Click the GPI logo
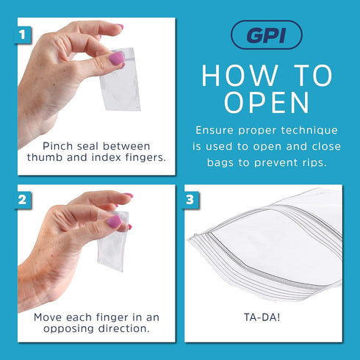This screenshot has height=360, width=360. (266, 35)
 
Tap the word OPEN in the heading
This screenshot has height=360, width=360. (266, 103)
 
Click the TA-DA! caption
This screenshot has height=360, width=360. (262, 317)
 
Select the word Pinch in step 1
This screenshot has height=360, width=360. (58, 145)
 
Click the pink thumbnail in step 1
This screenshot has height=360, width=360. (115, 57)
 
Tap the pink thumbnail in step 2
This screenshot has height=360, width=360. (114, 221)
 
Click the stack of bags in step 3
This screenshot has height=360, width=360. (268, 242)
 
